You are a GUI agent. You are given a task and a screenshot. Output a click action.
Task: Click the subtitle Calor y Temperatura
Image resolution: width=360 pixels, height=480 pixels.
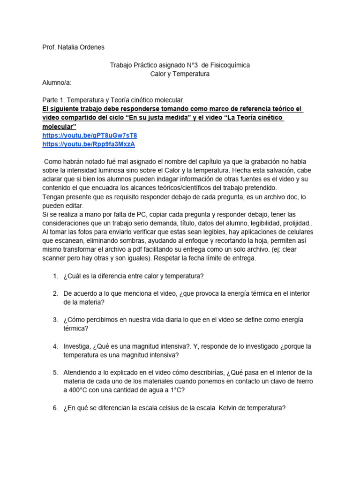click(x=180, y=74)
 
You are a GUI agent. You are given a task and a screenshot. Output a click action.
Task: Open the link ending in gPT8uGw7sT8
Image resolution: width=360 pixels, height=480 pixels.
click(x=90, y=135)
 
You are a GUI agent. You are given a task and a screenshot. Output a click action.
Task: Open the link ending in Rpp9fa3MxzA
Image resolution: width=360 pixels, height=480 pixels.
click(x=89, y=144)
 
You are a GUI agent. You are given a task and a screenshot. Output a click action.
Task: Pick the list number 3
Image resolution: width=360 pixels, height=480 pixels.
click(x=55, y=320)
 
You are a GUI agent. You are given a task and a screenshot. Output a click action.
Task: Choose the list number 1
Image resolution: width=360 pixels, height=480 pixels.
click(x=55, y=276)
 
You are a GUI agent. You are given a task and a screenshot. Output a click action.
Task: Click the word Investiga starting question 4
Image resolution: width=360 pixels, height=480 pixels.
click(x=78, y=346)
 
